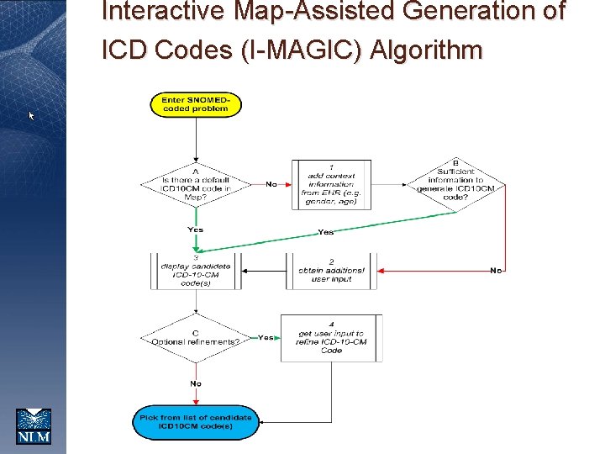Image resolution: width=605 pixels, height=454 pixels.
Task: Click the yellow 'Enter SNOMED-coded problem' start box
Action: (196, 105)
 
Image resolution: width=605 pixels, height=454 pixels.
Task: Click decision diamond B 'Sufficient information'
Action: (455, 183)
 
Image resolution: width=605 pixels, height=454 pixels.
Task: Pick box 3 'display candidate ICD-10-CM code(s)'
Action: (196, 272)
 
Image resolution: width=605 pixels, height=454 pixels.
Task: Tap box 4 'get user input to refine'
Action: (331, 338)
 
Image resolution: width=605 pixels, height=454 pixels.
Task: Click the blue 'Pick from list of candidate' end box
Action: (196, 421)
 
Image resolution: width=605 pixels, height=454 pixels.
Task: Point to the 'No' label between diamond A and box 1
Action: (271, 183)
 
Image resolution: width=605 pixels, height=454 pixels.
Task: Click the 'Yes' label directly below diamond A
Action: (195, 230)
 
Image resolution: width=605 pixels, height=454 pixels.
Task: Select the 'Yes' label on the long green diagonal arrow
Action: (326, 232)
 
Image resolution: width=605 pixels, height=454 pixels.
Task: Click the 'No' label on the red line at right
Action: (496, 270)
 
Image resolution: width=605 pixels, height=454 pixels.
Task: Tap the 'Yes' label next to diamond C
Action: (266, 337)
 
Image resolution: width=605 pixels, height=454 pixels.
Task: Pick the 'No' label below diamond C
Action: (195, 383)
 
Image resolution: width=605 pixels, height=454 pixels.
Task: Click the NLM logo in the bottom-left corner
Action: (34, 425)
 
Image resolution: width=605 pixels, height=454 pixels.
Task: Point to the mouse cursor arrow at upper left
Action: (32, 115)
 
